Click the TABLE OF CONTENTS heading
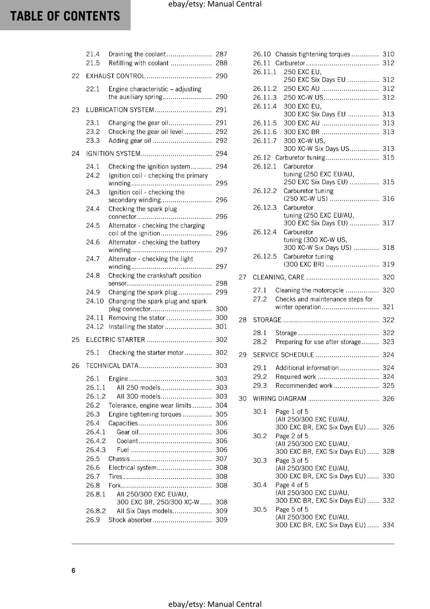65,16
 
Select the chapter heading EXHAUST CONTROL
115,76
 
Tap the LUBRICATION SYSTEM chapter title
120,110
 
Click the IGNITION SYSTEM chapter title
113,154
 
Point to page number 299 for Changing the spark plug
221,292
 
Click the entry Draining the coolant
137,54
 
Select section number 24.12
95,327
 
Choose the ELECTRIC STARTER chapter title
115,340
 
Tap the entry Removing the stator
137,318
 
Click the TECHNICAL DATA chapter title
112,366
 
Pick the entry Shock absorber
130,520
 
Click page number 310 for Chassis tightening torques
388,54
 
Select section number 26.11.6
265,132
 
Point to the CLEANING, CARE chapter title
279,277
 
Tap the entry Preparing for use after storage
318,342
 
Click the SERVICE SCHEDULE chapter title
283,355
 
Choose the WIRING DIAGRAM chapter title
279,399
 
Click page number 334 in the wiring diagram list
388,525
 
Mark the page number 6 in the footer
73,570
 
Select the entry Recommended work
304,386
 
